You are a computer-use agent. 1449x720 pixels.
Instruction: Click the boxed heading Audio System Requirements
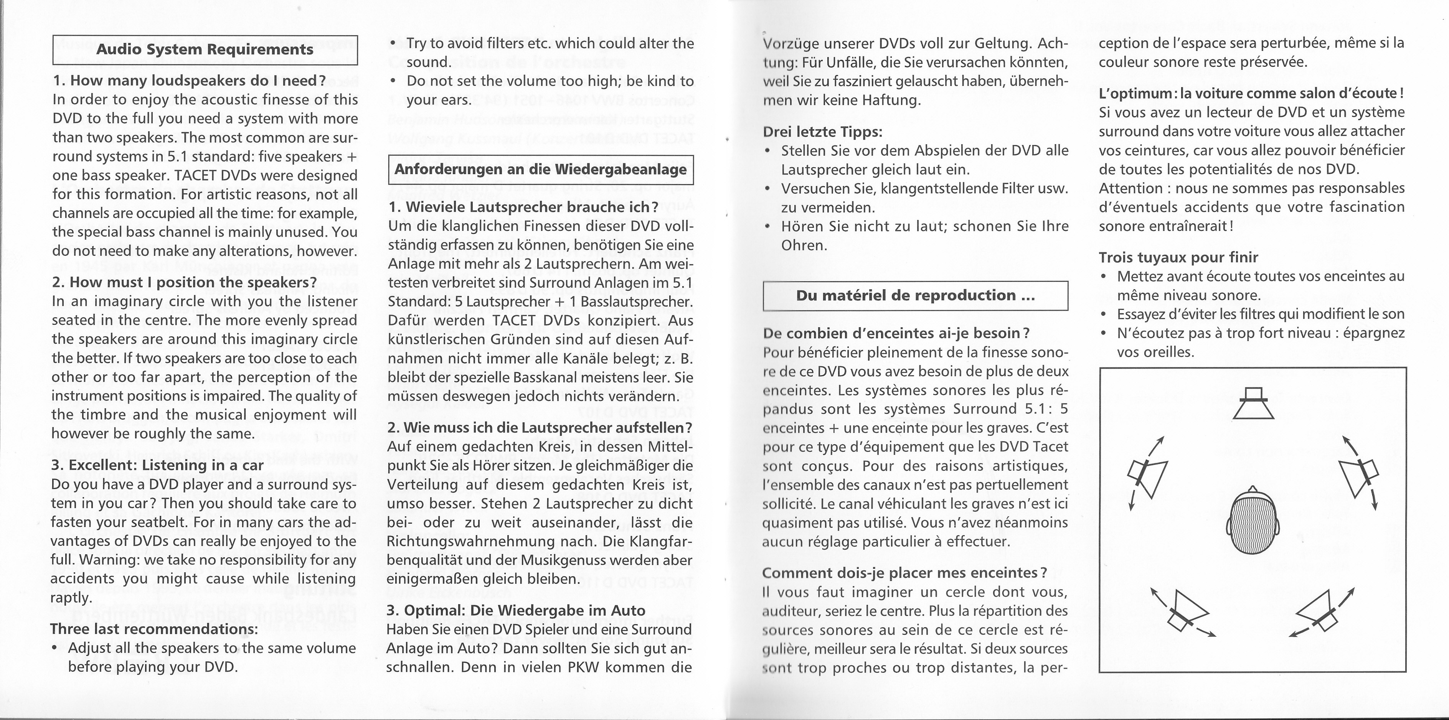[x=205, y=49]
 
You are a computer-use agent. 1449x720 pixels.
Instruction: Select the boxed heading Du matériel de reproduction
[x=915, y=295]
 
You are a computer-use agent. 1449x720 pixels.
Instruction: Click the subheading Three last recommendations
[x=154, y=628]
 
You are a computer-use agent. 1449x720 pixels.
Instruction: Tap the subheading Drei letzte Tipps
[x=822, y=132]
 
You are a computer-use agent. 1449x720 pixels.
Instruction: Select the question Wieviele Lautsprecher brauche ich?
[x=523, y=207]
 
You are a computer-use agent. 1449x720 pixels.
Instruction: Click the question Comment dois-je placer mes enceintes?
[x=904, y=573]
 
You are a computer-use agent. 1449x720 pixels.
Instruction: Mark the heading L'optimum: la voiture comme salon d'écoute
[x=1251, y=93]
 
